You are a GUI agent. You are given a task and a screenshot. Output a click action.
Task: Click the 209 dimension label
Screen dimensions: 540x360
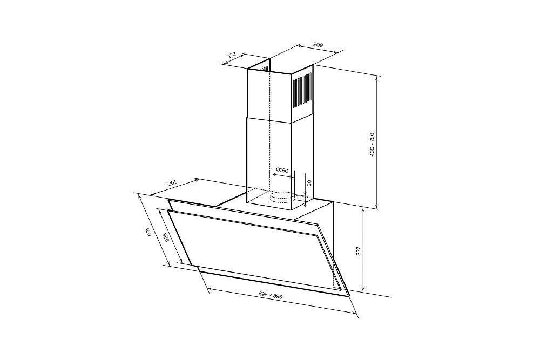(318, 44)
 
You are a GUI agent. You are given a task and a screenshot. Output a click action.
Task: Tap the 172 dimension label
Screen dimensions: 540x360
(232, 55)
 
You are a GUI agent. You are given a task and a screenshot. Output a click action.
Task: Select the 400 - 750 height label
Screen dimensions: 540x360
(372, 144)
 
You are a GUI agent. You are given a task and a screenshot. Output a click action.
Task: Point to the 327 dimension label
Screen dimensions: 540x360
(358, 251)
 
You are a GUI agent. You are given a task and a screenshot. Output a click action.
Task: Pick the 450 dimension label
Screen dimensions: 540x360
(148, 232)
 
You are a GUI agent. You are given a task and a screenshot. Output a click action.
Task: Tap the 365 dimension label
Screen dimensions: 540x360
(165, 238)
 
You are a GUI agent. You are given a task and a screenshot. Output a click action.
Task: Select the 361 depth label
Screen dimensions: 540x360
(172, 183)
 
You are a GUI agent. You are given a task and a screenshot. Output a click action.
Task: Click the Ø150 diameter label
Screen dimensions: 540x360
(282, 170)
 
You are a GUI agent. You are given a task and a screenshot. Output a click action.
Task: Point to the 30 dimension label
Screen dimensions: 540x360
(309, 183)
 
